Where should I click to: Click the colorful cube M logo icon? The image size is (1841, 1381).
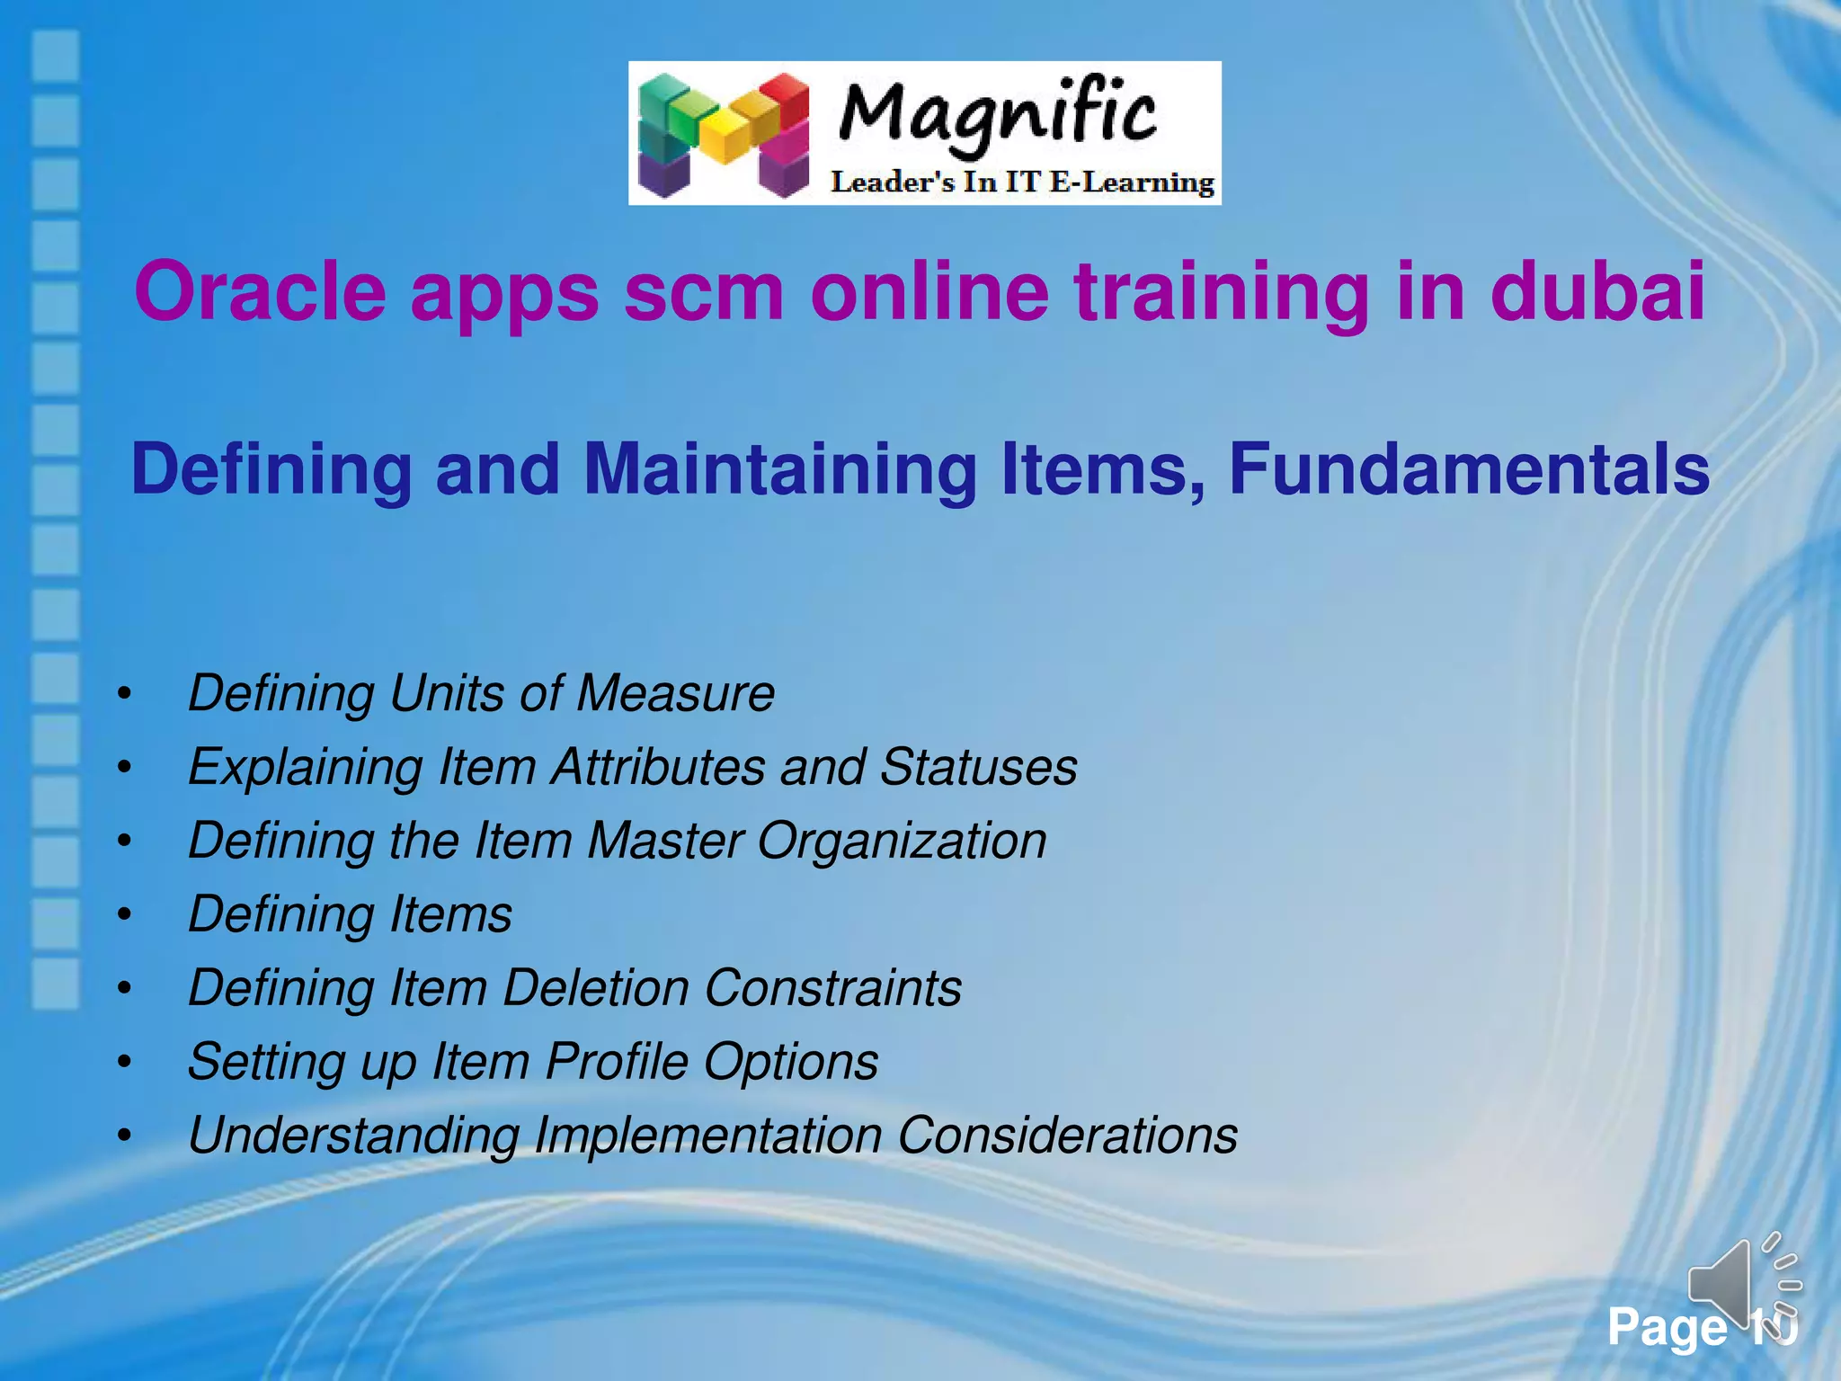725,135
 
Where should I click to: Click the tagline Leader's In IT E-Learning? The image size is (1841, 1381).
1022,183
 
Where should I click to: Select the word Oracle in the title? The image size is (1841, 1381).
260,291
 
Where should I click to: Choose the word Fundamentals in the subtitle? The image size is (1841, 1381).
1468,469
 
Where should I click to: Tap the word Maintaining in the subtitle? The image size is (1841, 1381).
779,469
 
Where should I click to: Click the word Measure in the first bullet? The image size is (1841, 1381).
675,693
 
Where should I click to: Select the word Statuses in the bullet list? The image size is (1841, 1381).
978,767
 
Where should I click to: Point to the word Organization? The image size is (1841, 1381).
902,841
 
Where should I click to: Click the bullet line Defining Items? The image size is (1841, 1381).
350,914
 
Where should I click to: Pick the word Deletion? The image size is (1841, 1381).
596,988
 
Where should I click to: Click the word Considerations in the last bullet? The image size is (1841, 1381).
1067,1136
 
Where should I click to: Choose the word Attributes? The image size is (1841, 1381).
659,767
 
